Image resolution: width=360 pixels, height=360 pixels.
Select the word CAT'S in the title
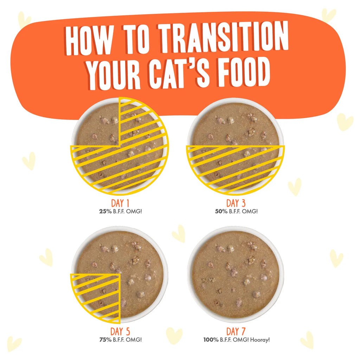(x=179, y=73)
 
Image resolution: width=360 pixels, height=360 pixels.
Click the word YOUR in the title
(x=114, y=74)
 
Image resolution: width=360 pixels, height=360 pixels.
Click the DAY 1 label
(x=120, y=203)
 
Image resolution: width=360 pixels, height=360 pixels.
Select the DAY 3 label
(x=236, y=203)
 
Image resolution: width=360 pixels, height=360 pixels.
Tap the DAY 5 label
(x=120, y=332)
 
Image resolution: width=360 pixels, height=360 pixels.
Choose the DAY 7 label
(x=236, y=332)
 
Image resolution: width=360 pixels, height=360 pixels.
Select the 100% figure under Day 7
(x=211, y=340)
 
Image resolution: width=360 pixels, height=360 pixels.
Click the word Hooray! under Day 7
(x=260, y=340)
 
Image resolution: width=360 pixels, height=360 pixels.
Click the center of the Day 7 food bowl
(x=236, y=274)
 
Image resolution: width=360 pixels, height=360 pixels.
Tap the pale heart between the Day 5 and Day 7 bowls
(x=179, y=233)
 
